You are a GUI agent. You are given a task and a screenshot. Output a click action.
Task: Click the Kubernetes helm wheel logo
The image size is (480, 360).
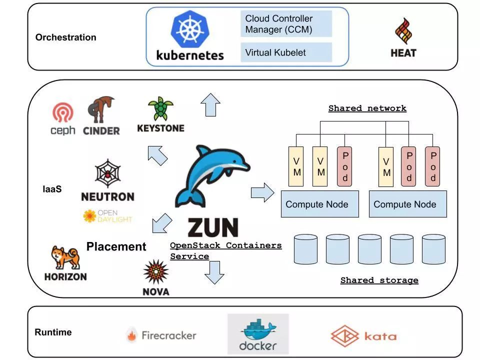coord(190,29)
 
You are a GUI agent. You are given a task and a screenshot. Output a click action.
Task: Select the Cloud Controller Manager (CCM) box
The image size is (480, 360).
coord(286,24)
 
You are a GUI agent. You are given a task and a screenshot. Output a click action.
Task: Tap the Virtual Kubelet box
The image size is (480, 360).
coord(286,52)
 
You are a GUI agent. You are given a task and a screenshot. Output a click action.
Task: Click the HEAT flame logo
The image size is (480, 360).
coord(403,31)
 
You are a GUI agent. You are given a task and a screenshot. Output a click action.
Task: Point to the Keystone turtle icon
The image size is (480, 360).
coord(160,108)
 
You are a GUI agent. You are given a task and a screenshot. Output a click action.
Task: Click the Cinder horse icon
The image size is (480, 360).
coord(100,109)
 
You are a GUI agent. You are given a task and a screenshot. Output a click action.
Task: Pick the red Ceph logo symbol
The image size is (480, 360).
coord(63,112)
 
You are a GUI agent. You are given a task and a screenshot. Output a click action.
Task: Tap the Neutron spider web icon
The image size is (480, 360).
coord(107,173)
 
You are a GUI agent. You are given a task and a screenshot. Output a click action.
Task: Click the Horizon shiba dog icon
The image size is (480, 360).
coord(65,257)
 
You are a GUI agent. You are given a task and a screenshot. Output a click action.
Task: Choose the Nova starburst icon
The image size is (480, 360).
coord(156,272)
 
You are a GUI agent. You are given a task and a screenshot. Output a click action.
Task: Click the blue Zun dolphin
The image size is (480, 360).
coord(212,176)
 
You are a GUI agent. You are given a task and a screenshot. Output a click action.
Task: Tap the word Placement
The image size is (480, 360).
coord(116,246)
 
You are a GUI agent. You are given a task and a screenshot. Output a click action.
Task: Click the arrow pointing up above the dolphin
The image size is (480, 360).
coord(210,104)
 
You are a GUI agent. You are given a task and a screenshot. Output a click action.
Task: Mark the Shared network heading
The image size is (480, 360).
coord(367,108)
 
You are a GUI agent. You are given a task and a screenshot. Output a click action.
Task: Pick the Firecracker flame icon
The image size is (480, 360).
coord(132,335)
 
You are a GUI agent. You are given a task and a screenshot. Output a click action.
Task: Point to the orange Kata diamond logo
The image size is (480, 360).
coord(344,336)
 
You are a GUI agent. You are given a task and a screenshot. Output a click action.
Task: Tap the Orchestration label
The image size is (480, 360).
coord(66,37)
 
